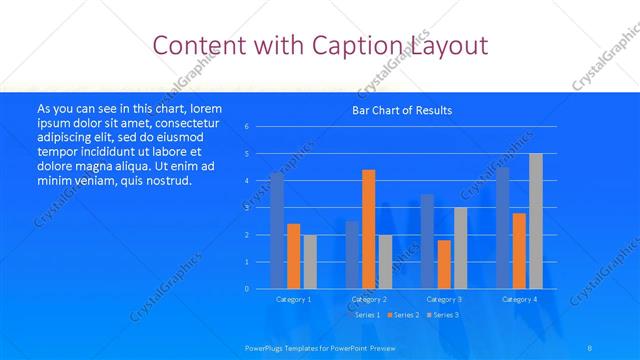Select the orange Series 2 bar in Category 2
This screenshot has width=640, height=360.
[x=368, y=229]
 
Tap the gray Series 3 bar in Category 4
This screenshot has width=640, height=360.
[x=536, y=221]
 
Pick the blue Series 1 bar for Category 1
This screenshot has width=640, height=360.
[x=277, y=231]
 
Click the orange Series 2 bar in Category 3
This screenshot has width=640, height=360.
[x=444, y=264]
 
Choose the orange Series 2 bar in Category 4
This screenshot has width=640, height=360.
[x=519, y=251]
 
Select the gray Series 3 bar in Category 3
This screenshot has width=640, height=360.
[x=460, y=248]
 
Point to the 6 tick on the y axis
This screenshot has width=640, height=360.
[x=246, y=127]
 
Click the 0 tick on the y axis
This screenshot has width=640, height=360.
[x=246, y=289]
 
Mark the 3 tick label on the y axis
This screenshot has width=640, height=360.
[x=246, y=208]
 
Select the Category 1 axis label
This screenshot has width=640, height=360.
[x=293, y=299]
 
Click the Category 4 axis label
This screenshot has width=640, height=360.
[x=519, y=299]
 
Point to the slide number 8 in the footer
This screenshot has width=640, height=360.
[x=590, y=347]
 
